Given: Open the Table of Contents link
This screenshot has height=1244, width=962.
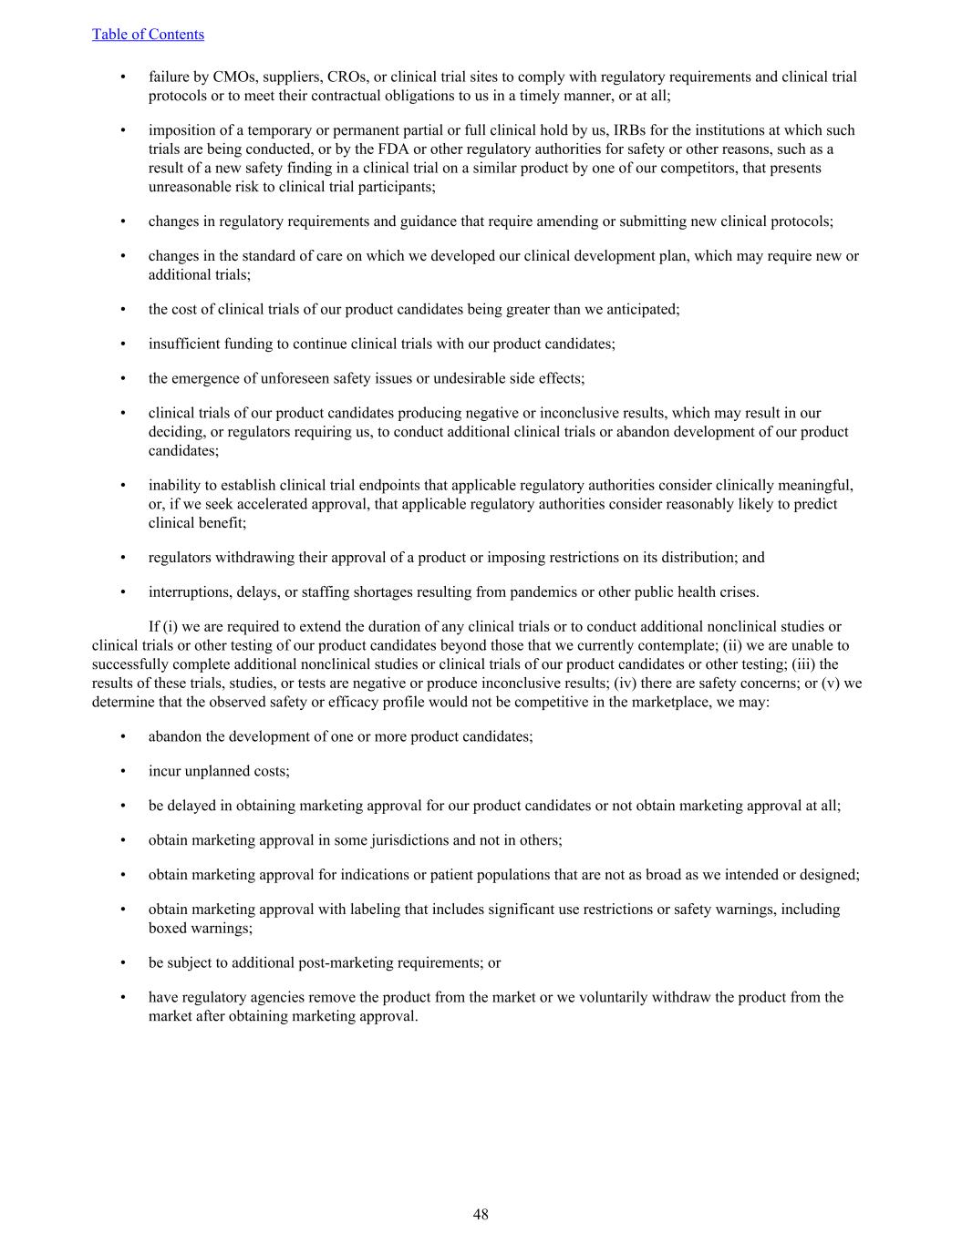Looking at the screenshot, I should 148,35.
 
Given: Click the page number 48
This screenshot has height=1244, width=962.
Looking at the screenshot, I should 481,1214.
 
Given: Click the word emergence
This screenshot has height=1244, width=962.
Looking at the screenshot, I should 202,378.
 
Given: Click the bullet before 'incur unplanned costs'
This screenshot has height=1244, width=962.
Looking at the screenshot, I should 123,771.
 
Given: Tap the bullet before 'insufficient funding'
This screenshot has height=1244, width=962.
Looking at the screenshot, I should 123,344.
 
